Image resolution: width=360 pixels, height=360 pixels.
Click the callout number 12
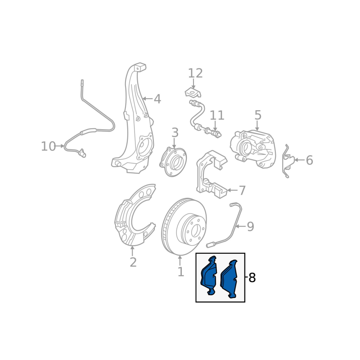click(x=195, y=73)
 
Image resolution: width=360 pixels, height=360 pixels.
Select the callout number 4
click(x=157, y=99)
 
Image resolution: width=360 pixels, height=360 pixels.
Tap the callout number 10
click(x=48, y=146)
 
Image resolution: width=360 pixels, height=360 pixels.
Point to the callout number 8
click(x=252, y=278)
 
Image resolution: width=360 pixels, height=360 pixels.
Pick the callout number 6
click(x=309, y=160)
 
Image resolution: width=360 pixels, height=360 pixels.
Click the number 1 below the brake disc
click(x=181, y=272)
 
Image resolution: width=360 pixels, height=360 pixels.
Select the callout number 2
click(x=133, y=262)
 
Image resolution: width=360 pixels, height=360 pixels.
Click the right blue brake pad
click(x=229, y=279)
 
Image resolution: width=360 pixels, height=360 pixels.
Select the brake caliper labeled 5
click(x=252, y=149)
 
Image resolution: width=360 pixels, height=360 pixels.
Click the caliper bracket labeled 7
click(x=211, y=175)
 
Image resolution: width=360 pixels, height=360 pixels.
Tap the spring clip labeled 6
click(x=288, y=161)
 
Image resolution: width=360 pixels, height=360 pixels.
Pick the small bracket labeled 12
click(x=193, y=93)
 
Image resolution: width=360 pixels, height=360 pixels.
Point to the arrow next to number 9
click(x=241, y=226)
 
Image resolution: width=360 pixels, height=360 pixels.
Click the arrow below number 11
click(x=215, y=127)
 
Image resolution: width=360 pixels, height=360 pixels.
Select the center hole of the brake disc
click(x=195, y=230)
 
